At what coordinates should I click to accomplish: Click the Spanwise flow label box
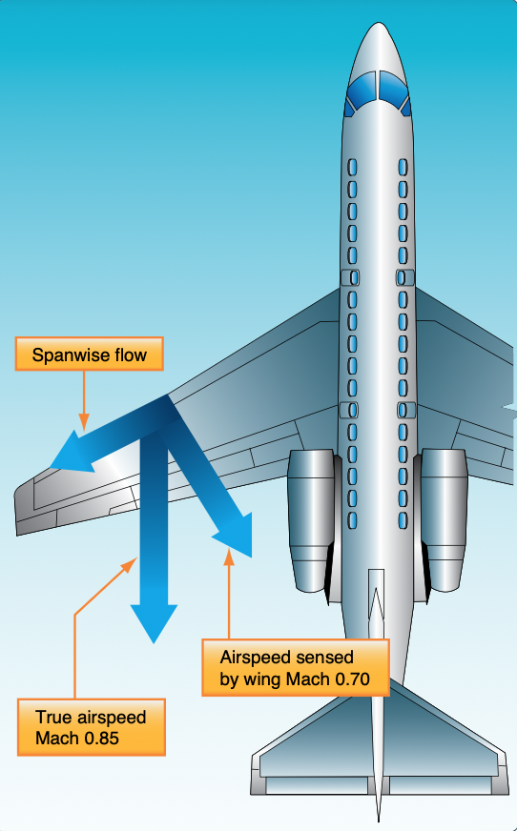pyautogui.click(x=89, y=354)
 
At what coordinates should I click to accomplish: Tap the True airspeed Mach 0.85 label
pyautogui.click(x=92, y=727)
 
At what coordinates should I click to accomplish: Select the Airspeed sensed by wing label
pyautogui.click(x=296, y=668)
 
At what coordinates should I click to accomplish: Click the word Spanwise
pyautogui.click(x=67, y=355)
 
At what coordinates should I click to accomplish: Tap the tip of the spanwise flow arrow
pyautogui.click(x=51, y=467)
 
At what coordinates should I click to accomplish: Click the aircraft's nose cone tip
pyautogui.click(x=379, y=23)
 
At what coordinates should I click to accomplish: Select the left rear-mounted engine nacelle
pyautogui.click(x=312, y=520)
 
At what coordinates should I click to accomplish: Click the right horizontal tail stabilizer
pyautogui.click(x=446, y=752)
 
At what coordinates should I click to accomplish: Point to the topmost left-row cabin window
pyautogui.click(x=352, y=168)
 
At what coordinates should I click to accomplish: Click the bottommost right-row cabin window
pyautogui.click(x=403, y=520)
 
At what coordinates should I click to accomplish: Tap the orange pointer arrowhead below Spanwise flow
pyautogui.click(x=83, y=423)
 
